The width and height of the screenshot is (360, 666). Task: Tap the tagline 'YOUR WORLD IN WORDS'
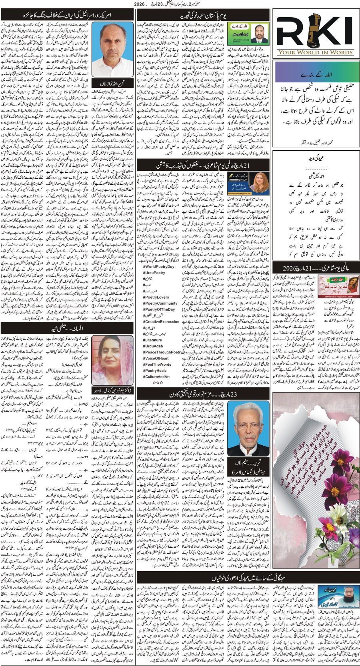point(316,52)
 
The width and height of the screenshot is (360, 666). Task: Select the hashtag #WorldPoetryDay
point(159,267)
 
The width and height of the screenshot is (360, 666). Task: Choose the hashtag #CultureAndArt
point(156,377)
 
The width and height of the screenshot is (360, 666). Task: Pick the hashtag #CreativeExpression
point(162,321)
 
